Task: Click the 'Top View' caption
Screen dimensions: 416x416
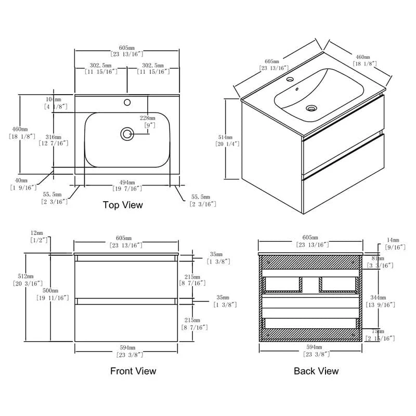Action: click(x=123, y=205)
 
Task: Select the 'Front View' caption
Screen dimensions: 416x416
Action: click(x=133, y=371)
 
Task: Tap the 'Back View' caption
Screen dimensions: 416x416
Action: click(x=316, y=371)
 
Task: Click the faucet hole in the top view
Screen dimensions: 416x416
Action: click(x=127, y=102)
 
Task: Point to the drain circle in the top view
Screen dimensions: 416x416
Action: click(x=126, y=134)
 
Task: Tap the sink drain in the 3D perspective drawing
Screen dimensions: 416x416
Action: click(x=311, y=109)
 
